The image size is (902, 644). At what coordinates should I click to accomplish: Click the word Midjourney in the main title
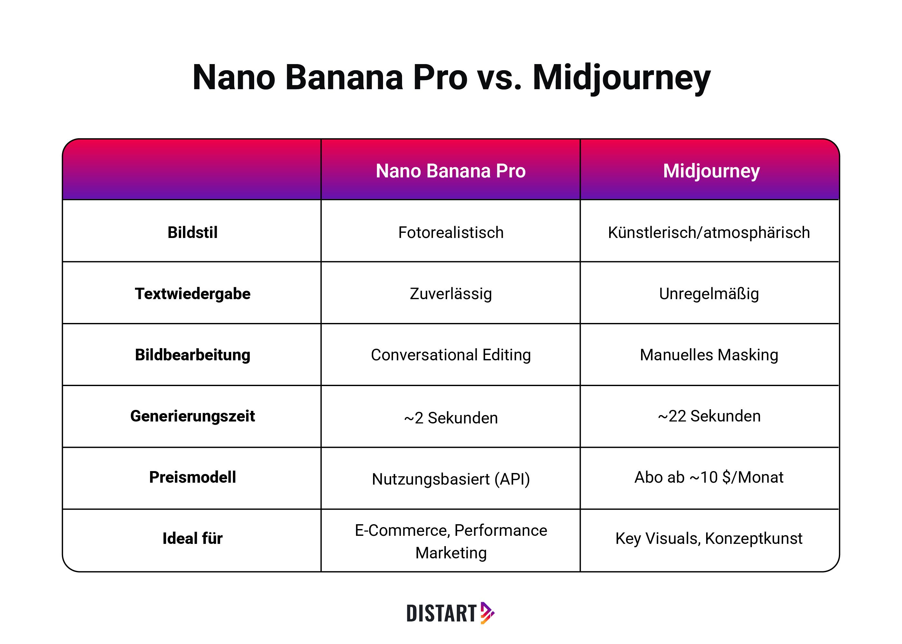621,77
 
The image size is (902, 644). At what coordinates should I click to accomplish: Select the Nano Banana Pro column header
450,171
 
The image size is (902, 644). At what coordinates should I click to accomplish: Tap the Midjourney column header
711,171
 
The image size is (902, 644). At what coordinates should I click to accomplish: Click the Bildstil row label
192,232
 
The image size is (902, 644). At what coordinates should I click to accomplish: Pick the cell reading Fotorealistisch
451,232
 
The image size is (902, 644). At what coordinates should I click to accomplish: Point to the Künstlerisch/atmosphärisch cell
709,232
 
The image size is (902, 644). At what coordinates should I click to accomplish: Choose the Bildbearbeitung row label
192,355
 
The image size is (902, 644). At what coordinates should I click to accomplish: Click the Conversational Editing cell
451,355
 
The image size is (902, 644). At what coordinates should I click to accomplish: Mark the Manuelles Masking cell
709,355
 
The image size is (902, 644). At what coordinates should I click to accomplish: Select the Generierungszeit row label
192,416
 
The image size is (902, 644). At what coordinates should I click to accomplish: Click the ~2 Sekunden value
451,418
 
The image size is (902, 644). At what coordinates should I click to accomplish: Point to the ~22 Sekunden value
709,416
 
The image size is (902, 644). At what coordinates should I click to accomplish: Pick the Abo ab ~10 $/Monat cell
709,478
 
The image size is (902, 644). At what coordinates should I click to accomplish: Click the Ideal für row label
192,538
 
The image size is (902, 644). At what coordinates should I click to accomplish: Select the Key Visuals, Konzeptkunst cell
709,538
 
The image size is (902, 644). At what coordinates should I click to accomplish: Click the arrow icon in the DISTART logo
487,613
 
